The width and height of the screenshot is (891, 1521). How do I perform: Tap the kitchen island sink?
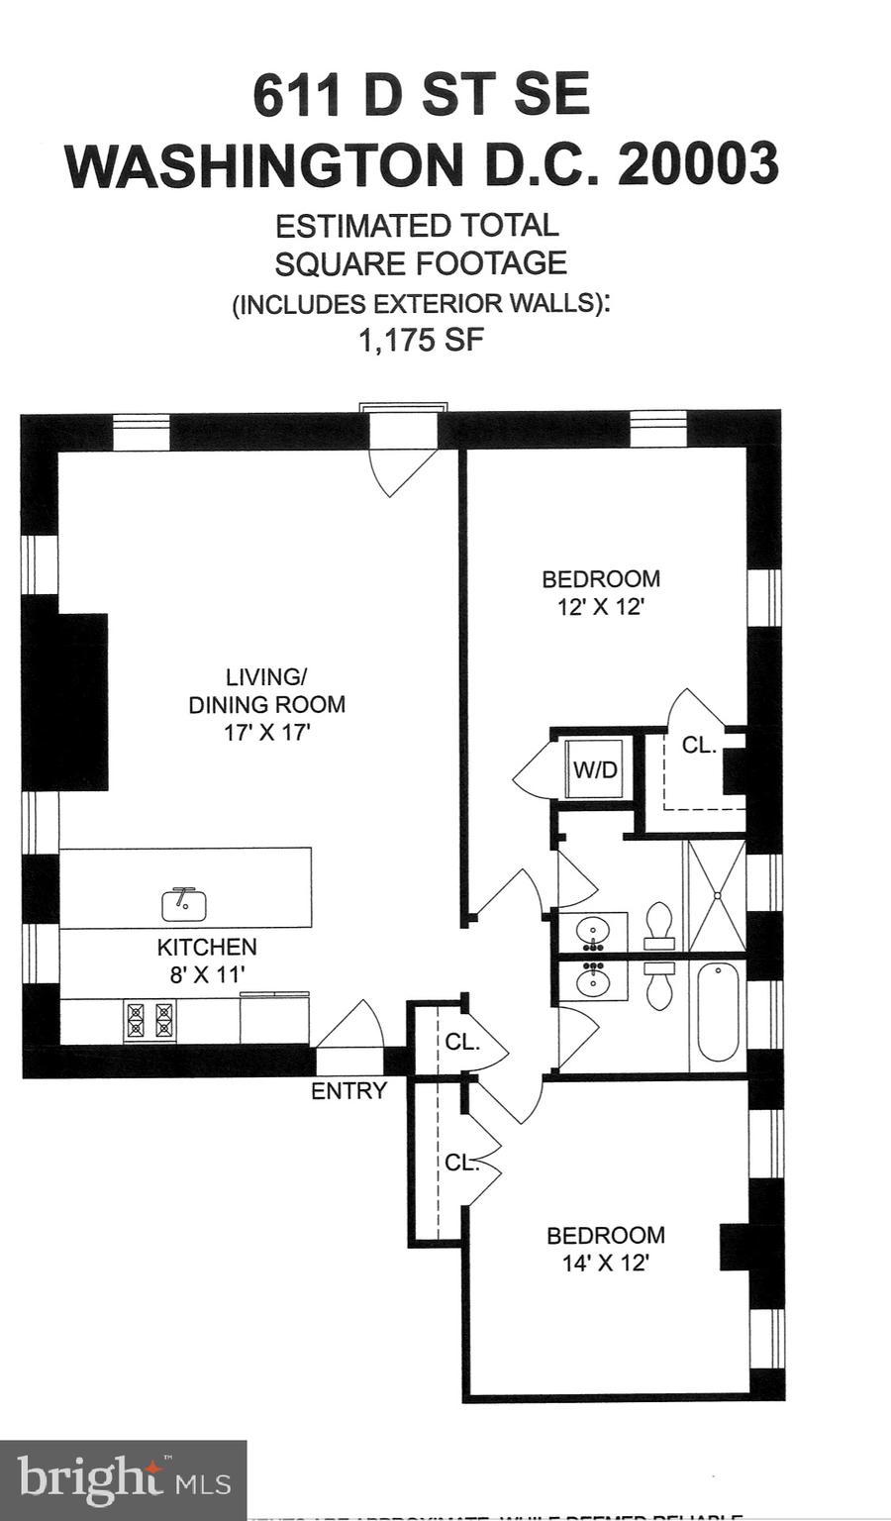[184, 903]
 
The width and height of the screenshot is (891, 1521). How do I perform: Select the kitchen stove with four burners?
[149, 1021]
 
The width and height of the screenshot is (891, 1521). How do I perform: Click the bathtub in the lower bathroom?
[718, 1013]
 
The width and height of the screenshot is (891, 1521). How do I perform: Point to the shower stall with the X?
[716, 896]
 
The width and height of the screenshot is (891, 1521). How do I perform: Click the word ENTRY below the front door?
[348, 1091]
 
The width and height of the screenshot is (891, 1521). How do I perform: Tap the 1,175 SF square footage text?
[421, 341]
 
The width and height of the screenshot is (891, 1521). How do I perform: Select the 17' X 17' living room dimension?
[266, 733]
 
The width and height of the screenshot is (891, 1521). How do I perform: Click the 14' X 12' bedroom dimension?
[605, 1264]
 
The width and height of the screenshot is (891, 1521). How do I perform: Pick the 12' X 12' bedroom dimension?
[601, 607]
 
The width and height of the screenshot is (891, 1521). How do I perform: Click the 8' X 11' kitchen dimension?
[206, 974]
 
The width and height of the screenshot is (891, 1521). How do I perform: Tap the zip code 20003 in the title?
[699, 164]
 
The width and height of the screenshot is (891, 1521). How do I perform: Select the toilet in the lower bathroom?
[658, 984]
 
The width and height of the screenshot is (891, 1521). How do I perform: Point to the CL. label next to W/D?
[699, 746]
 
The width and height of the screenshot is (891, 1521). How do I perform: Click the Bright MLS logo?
[123, 1480]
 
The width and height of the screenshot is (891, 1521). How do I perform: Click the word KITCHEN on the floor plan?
[206, 947]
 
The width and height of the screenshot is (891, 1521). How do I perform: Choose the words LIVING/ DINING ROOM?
[266, 691]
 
